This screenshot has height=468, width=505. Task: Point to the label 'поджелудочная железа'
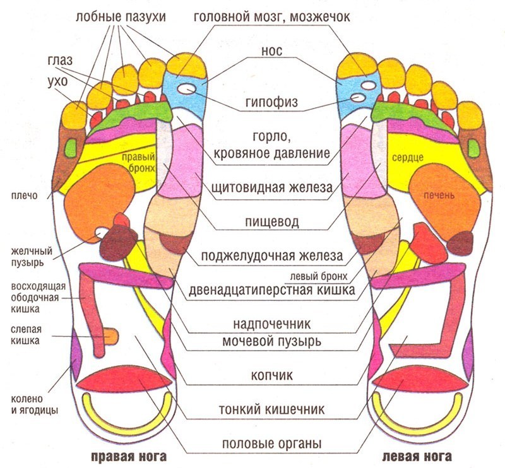tap(271, 256)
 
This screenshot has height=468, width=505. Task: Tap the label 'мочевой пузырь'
tap(272, 341)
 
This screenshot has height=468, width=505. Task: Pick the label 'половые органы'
tap(271, 443)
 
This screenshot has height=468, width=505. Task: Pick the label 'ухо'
tap(57, 82)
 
